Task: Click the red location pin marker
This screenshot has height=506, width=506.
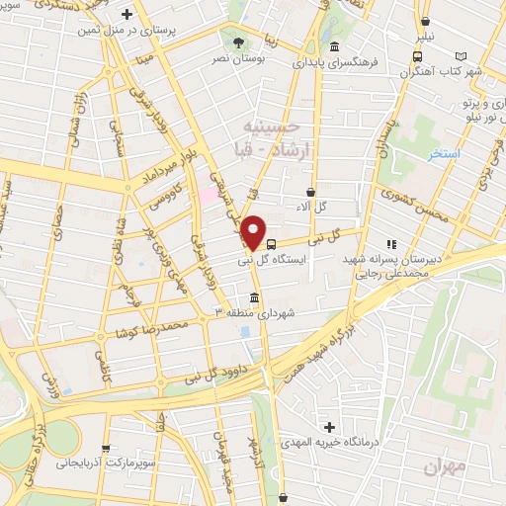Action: click(x=254, y=231)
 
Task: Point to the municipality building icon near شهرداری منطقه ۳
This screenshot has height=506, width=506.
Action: click(x=255, y=297)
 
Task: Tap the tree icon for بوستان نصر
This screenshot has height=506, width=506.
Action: click(x=240, y=42)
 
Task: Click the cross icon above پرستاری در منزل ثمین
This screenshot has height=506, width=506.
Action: click(x=126, y=15)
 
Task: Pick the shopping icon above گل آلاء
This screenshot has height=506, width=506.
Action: click(x=311, y=192)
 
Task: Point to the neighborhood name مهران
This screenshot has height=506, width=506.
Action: click(x=439, y=467)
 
